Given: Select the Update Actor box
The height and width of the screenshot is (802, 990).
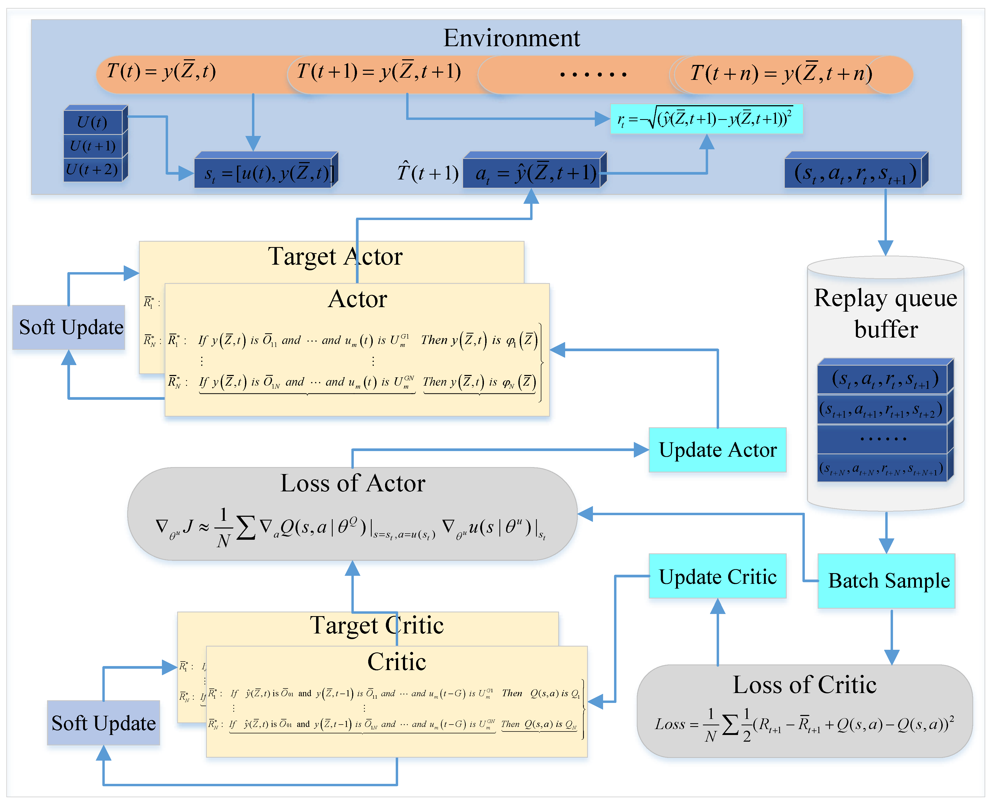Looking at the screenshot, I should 717,449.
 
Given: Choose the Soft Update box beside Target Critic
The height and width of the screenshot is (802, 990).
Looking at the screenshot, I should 103,722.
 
